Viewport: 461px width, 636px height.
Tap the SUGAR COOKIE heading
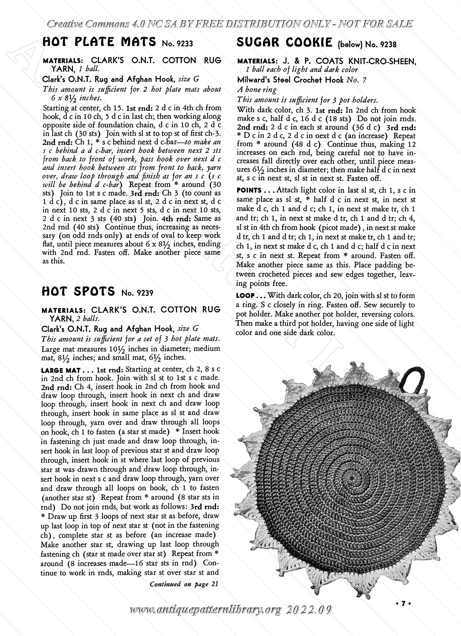coord(285,42)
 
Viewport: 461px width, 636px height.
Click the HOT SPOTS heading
coord(78,291)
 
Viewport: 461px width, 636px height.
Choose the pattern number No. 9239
coord(138,293)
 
